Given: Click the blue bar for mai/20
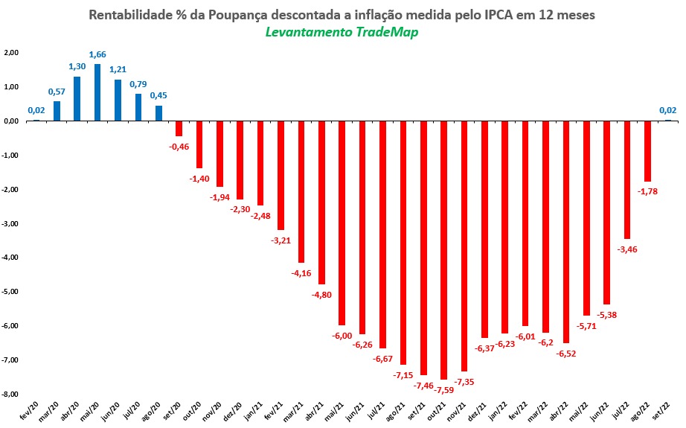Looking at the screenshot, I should click(97, 92).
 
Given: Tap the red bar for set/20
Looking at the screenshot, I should click(179, 128).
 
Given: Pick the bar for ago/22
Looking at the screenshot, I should click(647, 151).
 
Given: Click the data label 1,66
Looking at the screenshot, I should click(97, 54).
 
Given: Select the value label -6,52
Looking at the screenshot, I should click(565, 353).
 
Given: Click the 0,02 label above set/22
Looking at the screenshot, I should click(667, 111).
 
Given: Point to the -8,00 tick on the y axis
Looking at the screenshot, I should click(11, 394).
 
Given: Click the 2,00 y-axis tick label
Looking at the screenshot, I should click(11, 53).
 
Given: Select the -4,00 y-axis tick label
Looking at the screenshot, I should click(11, 258).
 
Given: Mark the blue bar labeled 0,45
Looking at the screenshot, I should click(158, 113).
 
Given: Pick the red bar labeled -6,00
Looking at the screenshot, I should click(342, 223).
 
